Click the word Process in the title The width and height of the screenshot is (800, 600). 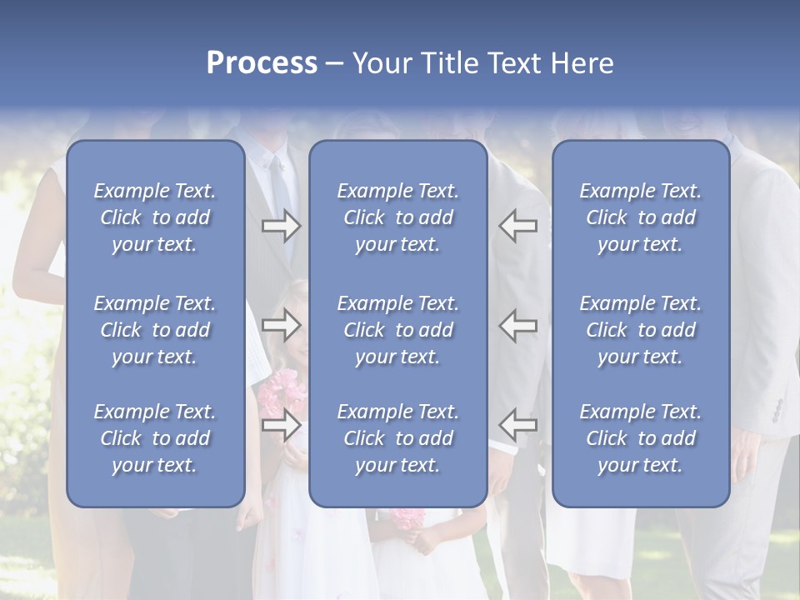(262, 63)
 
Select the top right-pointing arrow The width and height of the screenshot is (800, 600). (281, 226)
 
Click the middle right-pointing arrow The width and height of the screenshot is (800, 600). (281, 325)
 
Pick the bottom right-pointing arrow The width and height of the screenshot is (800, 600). (281, 425)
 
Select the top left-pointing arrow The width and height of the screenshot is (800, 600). (518, 226)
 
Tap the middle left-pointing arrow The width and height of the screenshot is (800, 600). (518, 325)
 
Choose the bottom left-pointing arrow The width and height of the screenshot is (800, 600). (518, 425)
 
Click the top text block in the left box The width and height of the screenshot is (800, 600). (155, 217)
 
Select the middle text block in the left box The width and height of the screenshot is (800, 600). (155, 330)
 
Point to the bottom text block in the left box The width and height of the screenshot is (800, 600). (155, 438)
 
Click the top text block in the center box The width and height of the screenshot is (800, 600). (398, 217)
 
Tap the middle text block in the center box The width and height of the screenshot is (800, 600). (398, 330)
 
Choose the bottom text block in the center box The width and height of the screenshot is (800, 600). (398, 438)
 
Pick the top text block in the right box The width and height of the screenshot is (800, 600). (641, 217)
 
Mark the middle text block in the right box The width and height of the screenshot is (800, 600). (641, 330)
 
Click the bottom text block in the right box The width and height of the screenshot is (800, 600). (641, 438)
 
